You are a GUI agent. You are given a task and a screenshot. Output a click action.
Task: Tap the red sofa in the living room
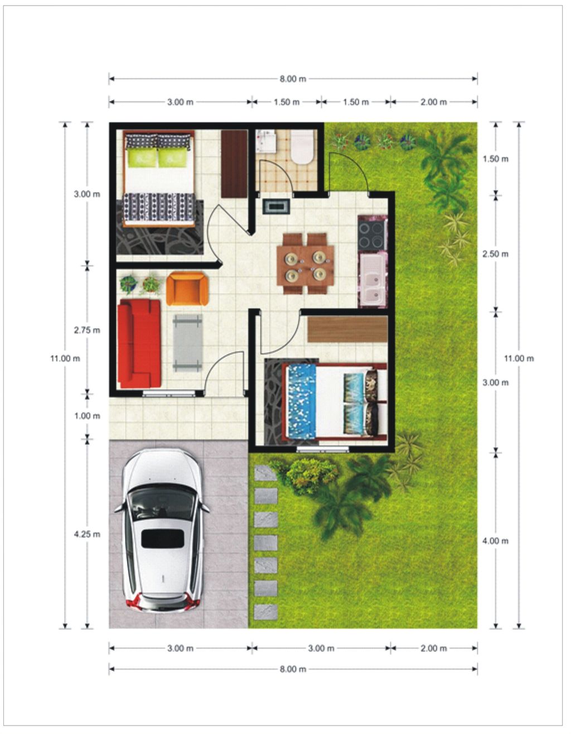click(x=139, y=344)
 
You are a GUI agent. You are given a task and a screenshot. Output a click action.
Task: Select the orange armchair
click(x=187, y=289)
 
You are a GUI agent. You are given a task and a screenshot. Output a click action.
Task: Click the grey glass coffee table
click(x=187, y=343)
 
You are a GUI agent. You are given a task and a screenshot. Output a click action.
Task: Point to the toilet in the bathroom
click(x=302, y=147)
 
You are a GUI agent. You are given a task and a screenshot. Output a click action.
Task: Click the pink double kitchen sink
click(x=372, y=281)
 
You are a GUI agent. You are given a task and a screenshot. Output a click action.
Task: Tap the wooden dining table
click(x=305, y=263)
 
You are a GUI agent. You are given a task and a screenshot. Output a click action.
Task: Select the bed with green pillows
click(x=159, y=178)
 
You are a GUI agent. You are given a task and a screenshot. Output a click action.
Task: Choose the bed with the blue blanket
click(x=335, y=401)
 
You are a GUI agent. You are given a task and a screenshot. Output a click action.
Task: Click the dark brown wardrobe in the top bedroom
click(x=235, y=164)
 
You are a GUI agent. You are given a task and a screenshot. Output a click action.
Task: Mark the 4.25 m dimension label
click(x=87, y=534)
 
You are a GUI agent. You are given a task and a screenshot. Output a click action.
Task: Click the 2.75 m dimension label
click(x=87, y=330)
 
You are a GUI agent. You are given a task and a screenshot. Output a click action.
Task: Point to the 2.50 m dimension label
click(x=495, y=254)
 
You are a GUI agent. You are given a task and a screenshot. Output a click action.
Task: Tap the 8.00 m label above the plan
click(x=293, y=79)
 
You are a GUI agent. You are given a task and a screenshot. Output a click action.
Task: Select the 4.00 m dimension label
click(x=495, y=541)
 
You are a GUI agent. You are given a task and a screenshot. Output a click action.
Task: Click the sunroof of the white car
click(x=163, y=539)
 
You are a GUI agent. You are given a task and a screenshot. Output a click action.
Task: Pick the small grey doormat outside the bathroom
click(x=277, y=207)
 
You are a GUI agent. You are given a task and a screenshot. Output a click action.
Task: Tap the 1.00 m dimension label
click(x=87, y=416)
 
